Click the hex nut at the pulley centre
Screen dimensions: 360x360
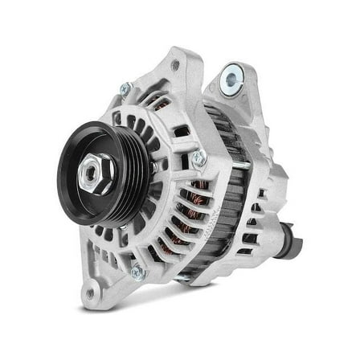point(96,172)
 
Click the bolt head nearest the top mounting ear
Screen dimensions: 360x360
point(125,88)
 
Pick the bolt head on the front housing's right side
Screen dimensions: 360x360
point(198,159)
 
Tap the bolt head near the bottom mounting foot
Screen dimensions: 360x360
point(137,272)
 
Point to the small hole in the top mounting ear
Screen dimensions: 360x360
point(174,66)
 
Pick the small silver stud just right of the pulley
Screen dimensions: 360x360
point(153,168)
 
